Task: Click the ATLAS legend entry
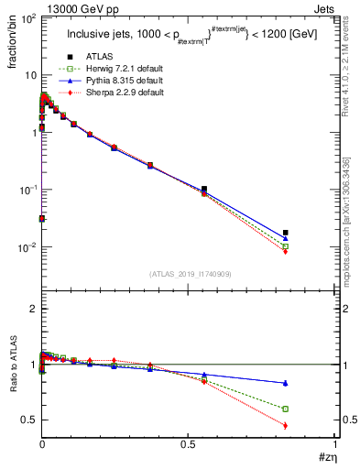(x=97, y=57)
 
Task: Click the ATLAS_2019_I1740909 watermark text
(x=189, y=274)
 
